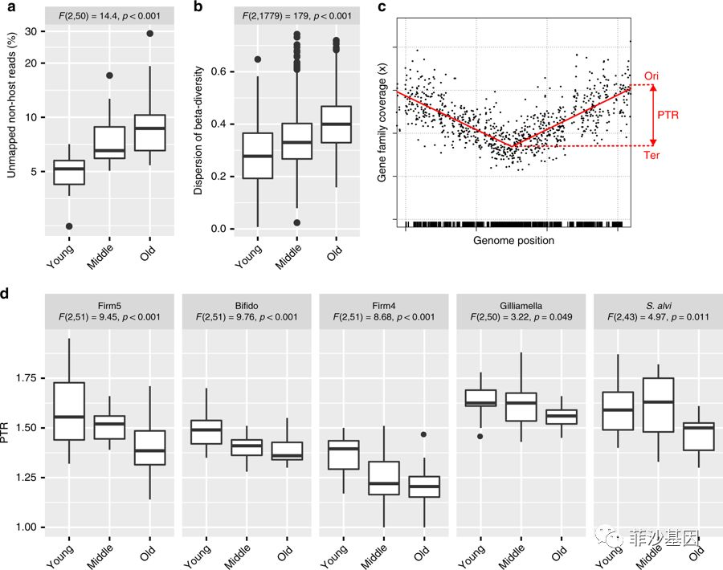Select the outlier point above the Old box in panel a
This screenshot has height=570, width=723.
(x=149, y=33)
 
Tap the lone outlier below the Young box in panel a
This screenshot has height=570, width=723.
(x=70, y=226)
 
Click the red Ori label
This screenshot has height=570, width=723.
(x=652, y=75)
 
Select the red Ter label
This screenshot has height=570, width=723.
(x=652, y=155)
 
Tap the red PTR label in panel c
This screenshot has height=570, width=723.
(x=668, y=116)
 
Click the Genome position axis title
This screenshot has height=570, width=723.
(x=513, y=239)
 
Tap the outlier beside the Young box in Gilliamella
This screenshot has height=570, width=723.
(x=480, y=436)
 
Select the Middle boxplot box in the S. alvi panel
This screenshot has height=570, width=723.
(x=658, y=404)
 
